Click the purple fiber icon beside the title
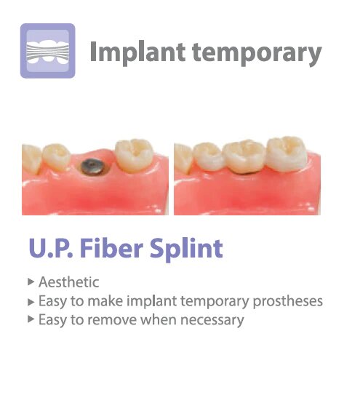(47, 51)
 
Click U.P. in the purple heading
(50, 250)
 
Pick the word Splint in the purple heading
(187, 250)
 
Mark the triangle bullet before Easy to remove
(30, 319)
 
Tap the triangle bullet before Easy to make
(30, 300)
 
